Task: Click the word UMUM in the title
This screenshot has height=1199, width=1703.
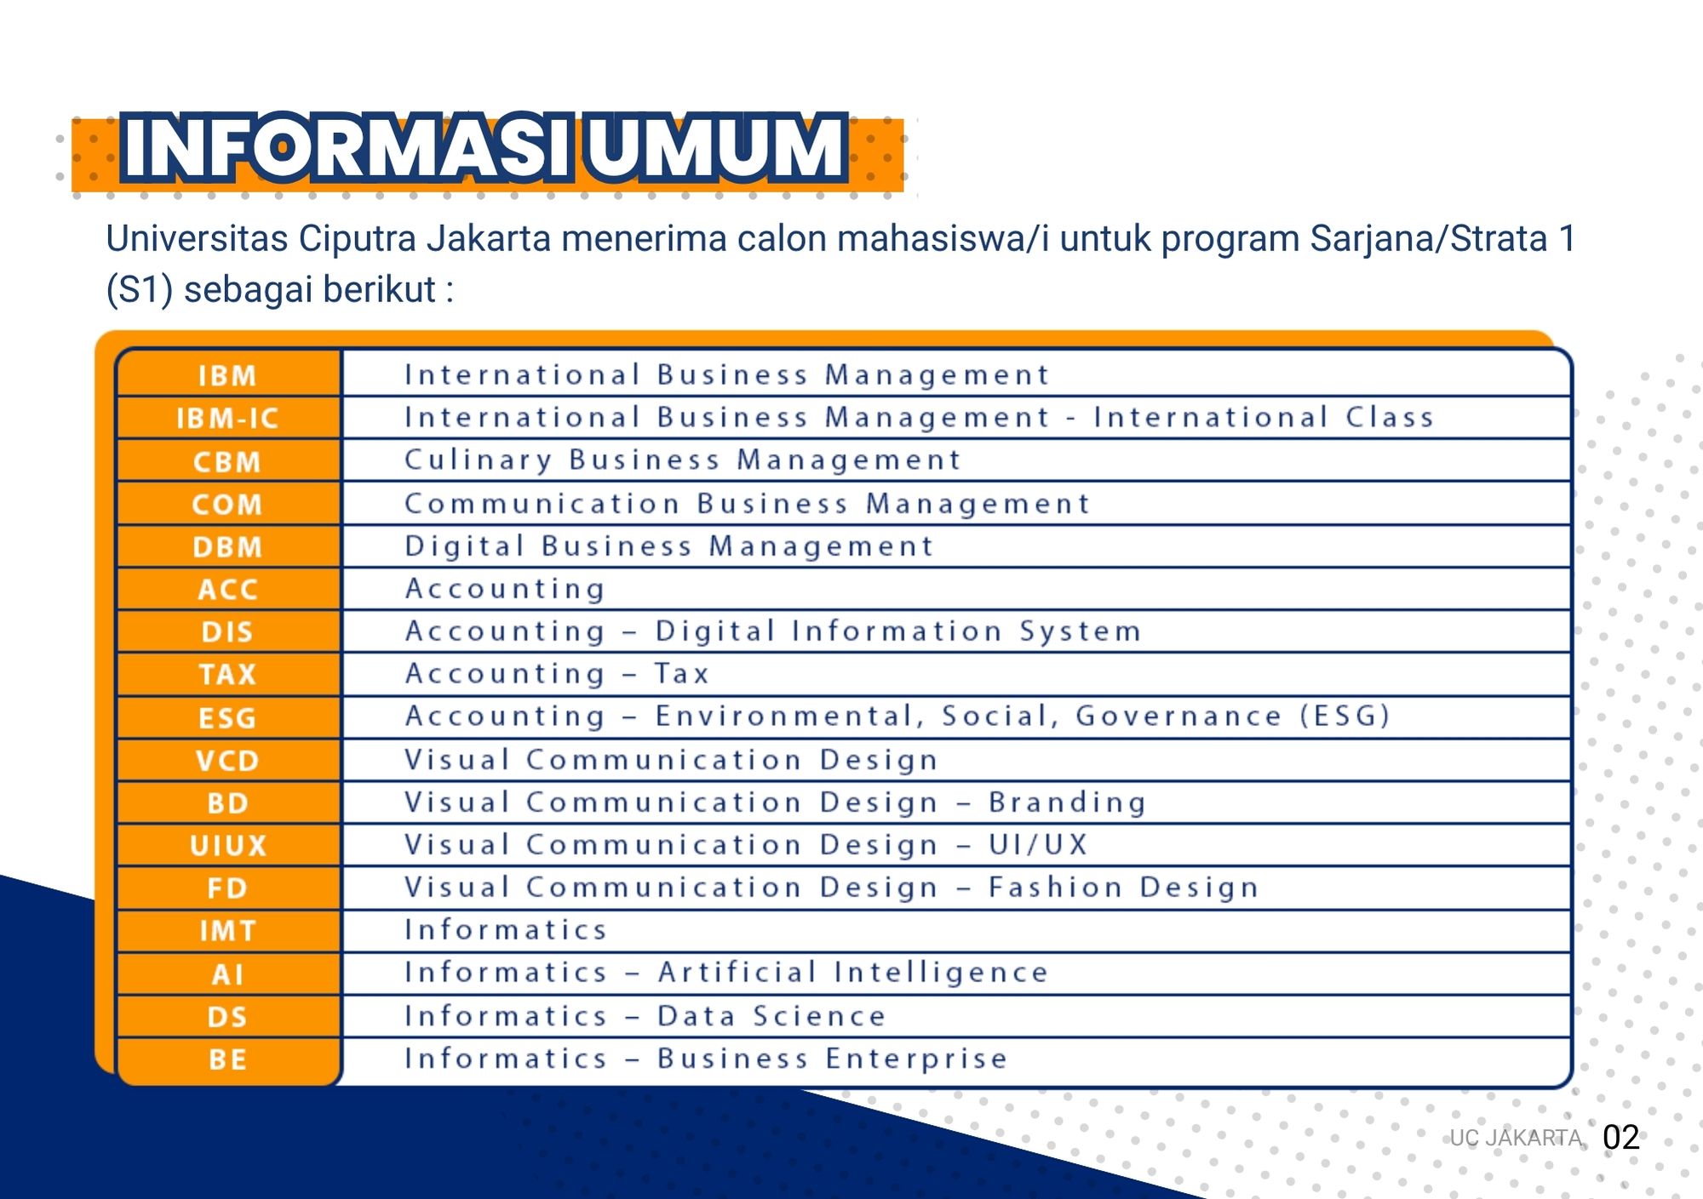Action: [x=717, y=147]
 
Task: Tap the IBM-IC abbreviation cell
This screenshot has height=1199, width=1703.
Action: [x=228, y=418]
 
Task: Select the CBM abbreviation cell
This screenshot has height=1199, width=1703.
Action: [x=228, y=461]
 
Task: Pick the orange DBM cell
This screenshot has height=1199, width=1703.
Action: [x=228, y=546]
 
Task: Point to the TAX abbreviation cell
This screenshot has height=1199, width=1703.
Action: [x=228, y=674]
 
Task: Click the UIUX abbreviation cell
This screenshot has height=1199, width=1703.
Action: [x=228, y=845]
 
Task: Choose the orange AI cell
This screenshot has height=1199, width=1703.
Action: [x=228, y=973]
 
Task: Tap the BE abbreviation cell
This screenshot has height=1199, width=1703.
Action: [x=228, y=1060]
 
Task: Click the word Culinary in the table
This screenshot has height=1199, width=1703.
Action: [x=479, y=460]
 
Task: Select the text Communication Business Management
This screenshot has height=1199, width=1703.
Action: [x=747, y=504]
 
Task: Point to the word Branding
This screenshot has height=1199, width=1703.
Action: [x=1067, y=802]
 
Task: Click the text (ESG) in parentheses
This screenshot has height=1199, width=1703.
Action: [x=1345, y=716]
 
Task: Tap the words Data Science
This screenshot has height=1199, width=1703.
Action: [x=771, y=1016]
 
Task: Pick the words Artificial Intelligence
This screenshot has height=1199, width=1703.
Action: [x=853, y=973]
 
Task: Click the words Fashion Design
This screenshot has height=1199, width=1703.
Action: [x=1123, y=888]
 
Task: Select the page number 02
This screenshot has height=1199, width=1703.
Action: [x=1620, y=1138]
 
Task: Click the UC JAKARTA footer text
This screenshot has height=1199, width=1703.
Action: [x=1516, y=1138]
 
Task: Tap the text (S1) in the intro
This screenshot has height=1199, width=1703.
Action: [x=140, y=289]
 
